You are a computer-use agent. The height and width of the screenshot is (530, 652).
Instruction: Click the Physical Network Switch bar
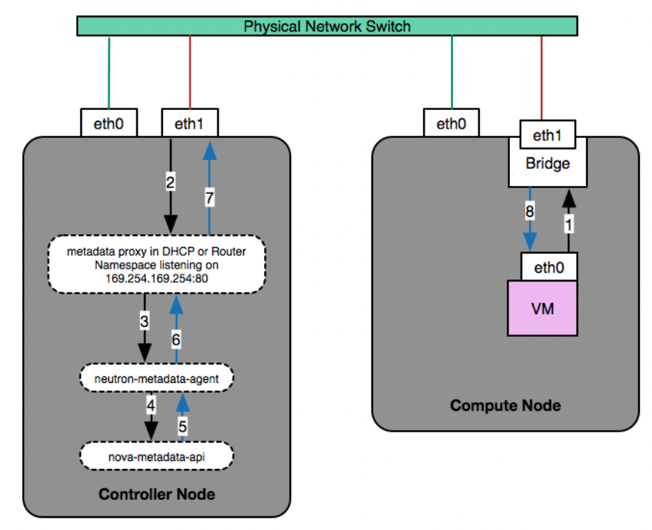(327, 27)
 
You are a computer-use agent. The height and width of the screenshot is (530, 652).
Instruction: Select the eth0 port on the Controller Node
(109, 124)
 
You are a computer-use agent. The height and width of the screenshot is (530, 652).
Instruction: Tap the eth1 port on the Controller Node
(189, 124)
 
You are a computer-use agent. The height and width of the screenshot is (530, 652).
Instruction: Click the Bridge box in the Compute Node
(548, 164)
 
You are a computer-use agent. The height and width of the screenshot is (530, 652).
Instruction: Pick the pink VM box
(542, 309)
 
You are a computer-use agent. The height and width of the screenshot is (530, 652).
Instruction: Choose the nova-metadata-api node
(156, 455)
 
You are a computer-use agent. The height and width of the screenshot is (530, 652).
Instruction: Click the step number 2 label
(171, 183)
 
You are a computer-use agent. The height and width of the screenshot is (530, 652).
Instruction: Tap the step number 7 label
(209, 198)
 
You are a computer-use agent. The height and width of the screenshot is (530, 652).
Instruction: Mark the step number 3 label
(144, 321)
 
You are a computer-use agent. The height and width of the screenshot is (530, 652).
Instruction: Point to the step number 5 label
(183, 426)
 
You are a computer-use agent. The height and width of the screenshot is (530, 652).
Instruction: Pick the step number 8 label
(529, 213)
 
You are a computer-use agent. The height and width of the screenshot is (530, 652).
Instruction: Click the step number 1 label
(570, 223)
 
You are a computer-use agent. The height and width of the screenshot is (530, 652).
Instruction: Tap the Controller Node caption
(156, 494)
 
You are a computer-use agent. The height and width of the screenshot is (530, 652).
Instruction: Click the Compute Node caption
(505, 406)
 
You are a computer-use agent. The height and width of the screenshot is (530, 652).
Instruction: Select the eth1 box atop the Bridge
(548, 134)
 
